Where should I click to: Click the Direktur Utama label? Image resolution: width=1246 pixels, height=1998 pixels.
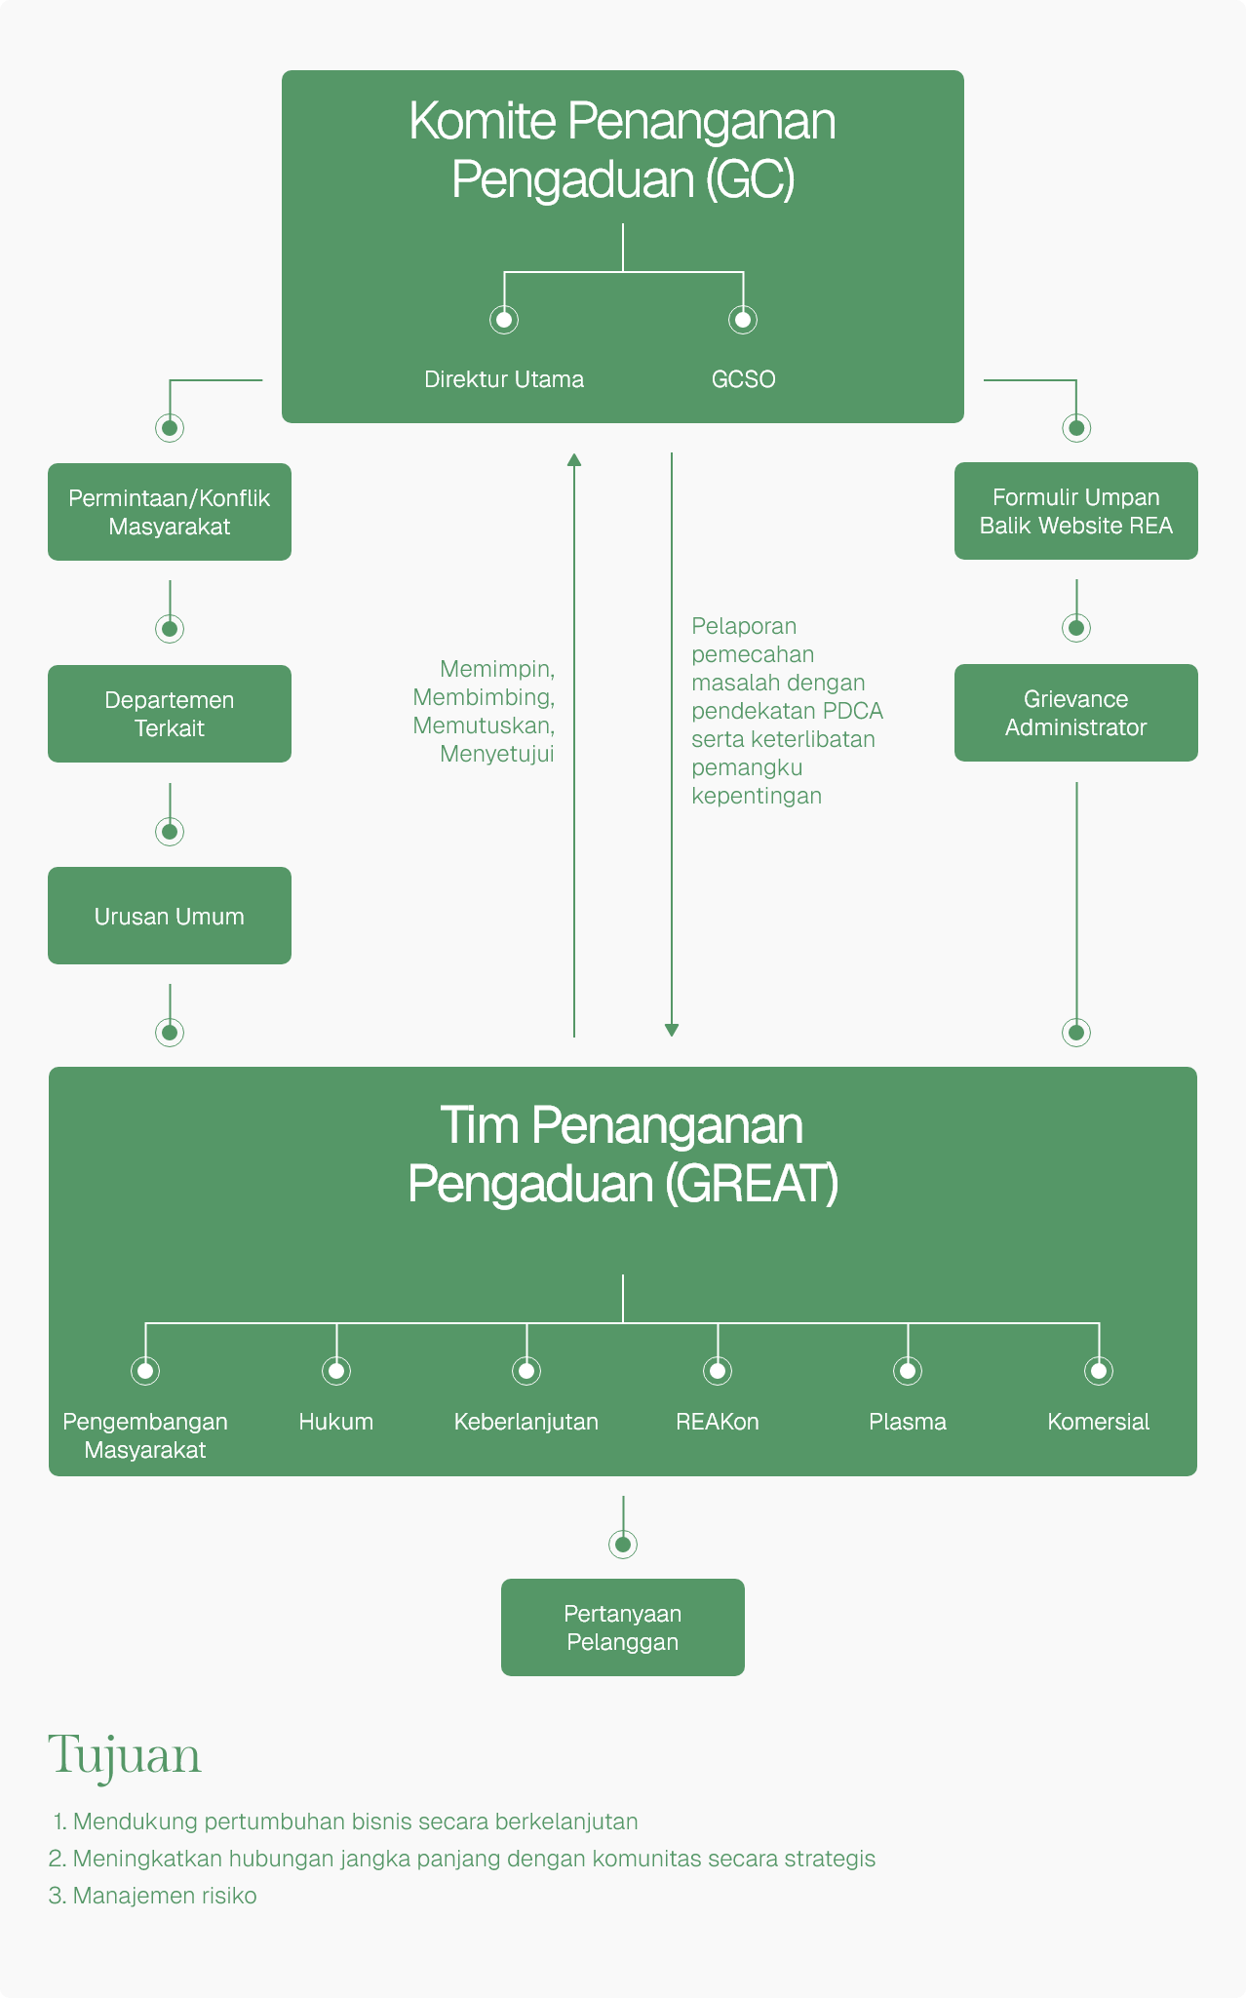[504, 379]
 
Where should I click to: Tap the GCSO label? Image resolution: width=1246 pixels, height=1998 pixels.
[743, 379]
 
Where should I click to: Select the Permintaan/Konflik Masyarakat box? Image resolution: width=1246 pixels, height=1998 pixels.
[170, 512]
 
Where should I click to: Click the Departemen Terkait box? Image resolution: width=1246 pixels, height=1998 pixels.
[170, 714]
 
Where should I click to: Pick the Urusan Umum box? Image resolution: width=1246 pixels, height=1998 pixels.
[170, 916]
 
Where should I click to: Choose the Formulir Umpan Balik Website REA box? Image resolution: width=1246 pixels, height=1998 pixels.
[1075, 511]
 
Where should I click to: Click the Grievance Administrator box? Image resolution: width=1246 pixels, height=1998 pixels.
[1075, 713]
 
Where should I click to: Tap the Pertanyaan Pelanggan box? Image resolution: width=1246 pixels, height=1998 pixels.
[622, 1627]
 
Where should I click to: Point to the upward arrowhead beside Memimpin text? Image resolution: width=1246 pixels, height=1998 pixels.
[574, 459]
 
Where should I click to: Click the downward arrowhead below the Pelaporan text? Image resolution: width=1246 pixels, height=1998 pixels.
[672, 1030]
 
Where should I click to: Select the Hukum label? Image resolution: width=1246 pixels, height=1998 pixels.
[336, 1422]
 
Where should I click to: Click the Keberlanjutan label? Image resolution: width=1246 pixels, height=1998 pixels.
[526, 1422]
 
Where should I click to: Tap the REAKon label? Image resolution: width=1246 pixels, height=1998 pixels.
[718, 1422]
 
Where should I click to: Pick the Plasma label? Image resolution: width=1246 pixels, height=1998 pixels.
[908, 1422]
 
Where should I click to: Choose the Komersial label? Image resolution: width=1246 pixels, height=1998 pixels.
[1098, 1422]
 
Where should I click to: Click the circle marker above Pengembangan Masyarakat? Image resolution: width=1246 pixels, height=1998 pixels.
[145, 1370]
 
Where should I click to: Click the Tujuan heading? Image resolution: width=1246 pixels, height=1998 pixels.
[125, 1755]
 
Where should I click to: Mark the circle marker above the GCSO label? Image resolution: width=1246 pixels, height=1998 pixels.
[743, 319]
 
